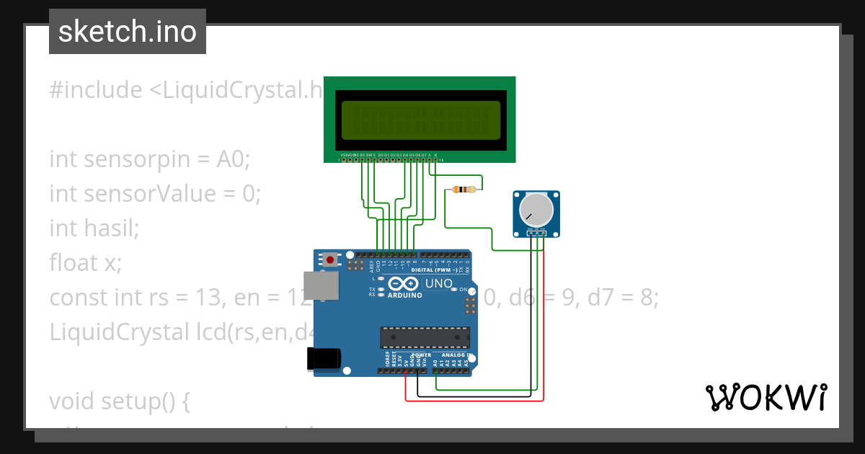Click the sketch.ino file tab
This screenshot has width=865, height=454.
pyautogui.click(x=127, y=32)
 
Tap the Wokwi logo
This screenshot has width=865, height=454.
pyautogui.click(x=766, y=397)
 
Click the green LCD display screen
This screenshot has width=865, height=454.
pyautogui.click(x=420, y=120)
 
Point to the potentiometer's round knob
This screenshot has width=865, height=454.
pyautogui.click(x=536, y=209)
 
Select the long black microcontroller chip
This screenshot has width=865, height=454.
pyautogui.click(x=425, y=337)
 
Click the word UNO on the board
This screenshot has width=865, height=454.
pyautogui.click(x=438, y=283)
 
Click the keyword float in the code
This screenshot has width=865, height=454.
pyautogui.click(x=74, y=263)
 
